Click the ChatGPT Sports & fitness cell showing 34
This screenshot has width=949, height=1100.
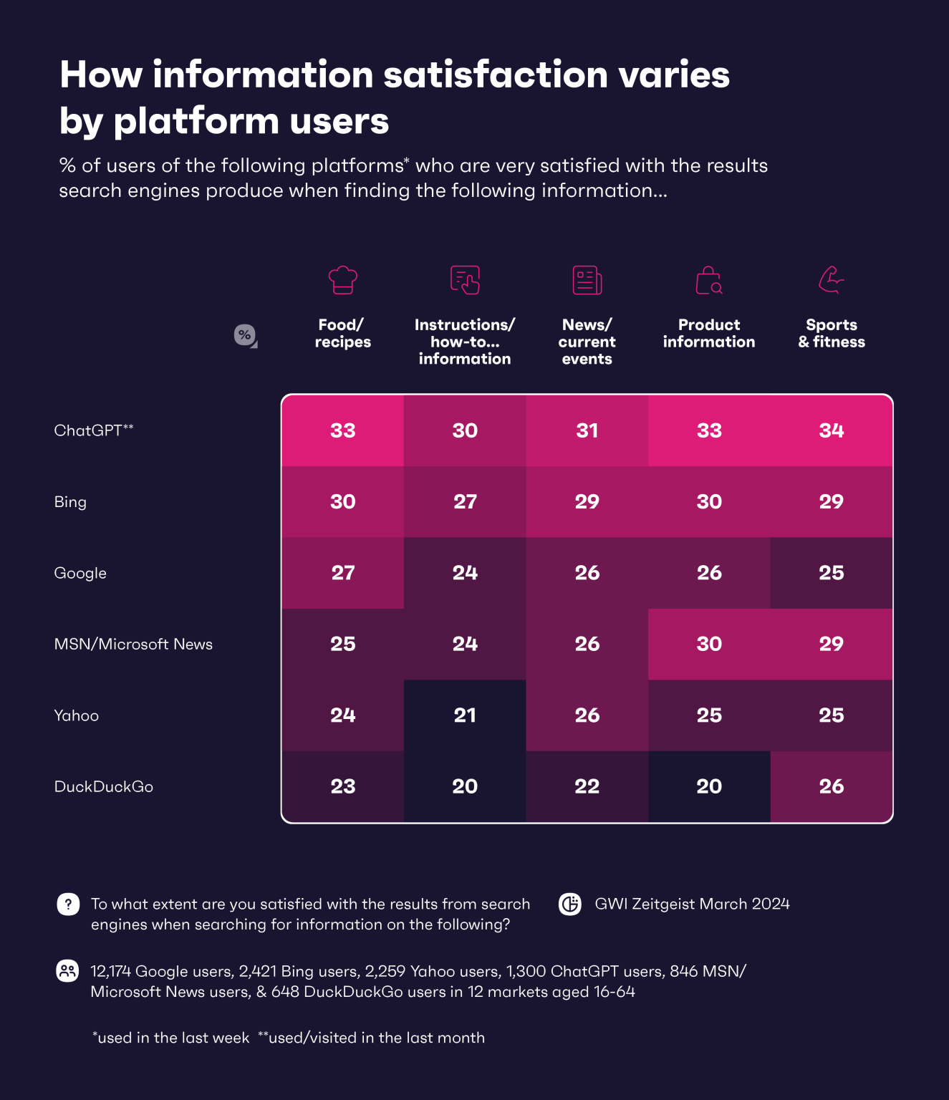831,430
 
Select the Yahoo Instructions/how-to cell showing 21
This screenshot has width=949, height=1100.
465,715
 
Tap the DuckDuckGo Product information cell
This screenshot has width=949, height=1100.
709,786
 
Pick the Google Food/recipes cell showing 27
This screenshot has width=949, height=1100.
342,573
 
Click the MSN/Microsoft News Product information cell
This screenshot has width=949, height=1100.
709,644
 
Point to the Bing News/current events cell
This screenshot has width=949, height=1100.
587,501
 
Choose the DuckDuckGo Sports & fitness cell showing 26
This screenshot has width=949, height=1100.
831,786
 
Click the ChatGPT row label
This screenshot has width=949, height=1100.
94,430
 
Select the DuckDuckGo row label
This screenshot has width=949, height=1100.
104,786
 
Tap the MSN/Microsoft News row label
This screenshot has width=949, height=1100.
133,644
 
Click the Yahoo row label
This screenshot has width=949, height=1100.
77,715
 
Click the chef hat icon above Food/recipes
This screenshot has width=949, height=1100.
342,279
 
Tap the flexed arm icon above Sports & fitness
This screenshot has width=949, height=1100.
831,279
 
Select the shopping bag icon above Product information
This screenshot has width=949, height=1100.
709,281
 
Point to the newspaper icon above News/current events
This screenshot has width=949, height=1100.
587,280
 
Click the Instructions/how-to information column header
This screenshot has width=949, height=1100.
465,342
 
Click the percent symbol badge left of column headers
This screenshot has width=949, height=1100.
245,335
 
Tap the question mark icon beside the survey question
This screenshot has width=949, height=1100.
68,904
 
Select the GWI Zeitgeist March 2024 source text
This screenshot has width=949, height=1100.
692,904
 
